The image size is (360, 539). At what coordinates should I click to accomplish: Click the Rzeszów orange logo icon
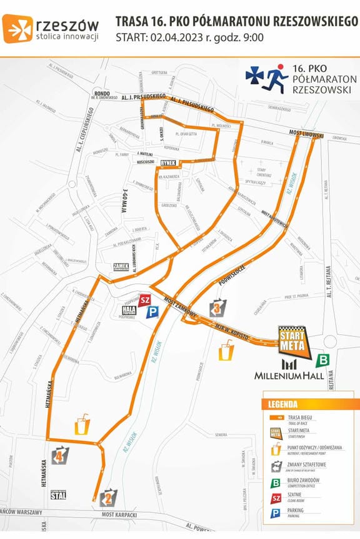tap(17, 27)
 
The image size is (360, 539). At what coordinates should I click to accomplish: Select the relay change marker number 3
tap(217, 308)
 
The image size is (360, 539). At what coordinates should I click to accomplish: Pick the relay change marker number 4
tap(60, 455)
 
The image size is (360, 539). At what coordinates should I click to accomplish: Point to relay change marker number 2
tap(107, 497)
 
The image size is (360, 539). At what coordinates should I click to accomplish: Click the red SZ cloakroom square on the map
tap(145, 300)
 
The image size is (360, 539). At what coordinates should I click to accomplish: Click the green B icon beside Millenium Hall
tap(324, 360)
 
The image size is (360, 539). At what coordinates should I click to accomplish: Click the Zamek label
tap(121, 266)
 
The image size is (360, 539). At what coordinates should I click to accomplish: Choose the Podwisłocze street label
tap(232, 275)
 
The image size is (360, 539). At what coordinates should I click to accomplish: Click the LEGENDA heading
tap(282, 404)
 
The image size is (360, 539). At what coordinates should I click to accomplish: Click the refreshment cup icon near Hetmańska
tap(82, 427)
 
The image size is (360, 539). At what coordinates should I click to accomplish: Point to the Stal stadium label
tap(58, 495)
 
